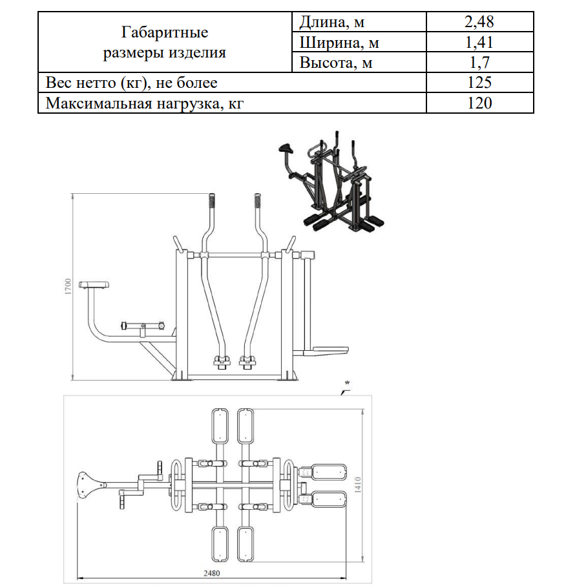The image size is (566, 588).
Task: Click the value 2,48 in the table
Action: (479, 22)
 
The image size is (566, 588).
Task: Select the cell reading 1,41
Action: (479, 43)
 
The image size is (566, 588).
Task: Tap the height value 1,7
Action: (479, 63)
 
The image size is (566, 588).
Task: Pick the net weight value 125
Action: (479, 83)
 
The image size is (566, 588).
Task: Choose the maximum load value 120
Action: (479, 103)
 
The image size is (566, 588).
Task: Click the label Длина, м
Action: (332, 23)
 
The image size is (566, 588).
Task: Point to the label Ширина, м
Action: (339, 43)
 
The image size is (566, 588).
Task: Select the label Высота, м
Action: (336, 63)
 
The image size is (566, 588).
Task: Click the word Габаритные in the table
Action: (165, 32)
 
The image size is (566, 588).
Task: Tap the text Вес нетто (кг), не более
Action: (131, 83)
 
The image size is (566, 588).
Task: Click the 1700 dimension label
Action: (67, 287)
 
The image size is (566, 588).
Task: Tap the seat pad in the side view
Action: (94, 284)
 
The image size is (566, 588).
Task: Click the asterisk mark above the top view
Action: (347, 383)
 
